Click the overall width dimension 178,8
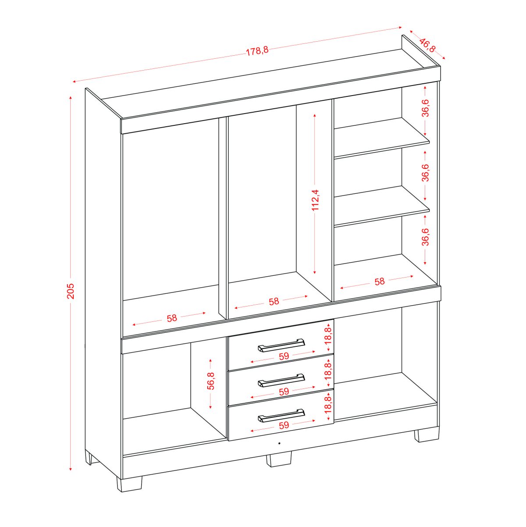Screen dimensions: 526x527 (257, 51)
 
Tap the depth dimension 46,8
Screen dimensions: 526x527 (427, 45)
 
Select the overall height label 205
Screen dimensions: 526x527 (70, 291)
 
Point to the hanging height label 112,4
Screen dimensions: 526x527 (315, 200)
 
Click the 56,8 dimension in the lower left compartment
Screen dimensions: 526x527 (210, 381)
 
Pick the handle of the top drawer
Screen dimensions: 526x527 (281, 345)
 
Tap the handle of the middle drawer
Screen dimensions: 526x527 (281, 380)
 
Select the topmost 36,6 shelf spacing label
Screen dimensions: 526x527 (425, 108)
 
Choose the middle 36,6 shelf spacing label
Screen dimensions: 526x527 (425, 173)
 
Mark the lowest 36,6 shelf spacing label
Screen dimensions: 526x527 (425, 237)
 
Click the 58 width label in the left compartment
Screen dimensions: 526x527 (172, 318)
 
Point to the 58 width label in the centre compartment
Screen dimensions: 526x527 (274, 301)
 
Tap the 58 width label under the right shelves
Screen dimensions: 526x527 (380, 281)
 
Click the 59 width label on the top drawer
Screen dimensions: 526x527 (284, 356)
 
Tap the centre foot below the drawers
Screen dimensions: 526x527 (279, 459)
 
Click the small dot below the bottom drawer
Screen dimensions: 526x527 (279, 443)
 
